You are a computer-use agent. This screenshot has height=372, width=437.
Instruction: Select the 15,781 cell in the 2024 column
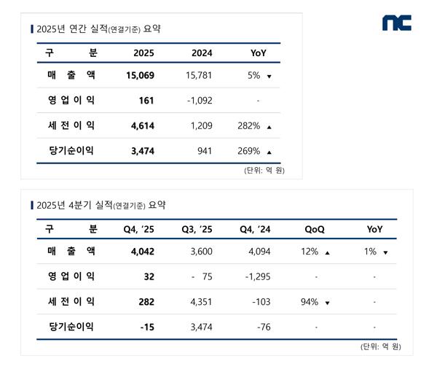[198, 75]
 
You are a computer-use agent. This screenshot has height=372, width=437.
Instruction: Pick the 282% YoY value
[248, 126]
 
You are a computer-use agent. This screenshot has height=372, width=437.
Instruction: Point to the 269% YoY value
[248, 151]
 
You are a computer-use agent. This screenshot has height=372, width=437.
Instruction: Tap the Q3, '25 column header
[197, 229]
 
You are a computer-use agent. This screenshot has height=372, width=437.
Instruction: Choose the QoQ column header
[315, 229]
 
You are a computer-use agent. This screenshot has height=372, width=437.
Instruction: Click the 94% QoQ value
[310, 302]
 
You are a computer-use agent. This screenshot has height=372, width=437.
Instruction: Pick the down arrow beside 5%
[269, 76]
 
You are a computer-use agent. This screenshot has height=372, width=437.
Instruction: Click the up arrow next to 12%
[328, 252]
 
